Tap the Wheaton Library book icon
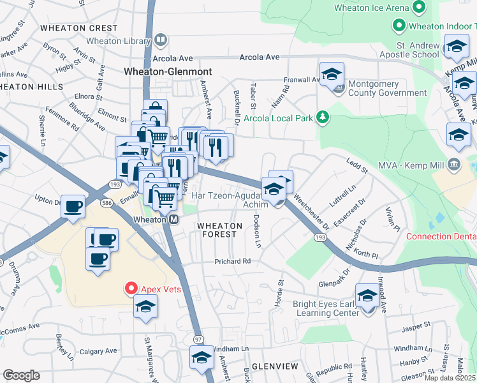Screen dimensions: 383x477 click(x=161, y=41)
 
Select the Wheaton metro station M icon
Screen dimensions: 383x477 click(x=173, y=219)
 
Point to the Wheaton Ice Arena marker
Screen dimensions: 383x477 click(x=419, y=8)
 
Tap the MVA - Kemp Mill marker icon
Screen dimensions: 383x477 click(x=454, y=163)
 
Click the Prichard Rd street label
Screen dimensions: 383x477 click(x=233, y=261)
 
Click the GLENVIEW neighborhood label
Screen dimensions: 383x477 click(x=275, y=366)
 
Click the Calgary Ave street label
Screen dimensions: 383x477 click(x=98, y=350)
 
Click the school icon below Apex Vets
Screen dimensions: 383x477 click(x=145, y=307)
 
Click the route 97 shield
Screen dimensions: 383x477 click(x=198, y=338)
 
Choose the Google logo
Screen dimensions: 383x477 click(x=21, y=375)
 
